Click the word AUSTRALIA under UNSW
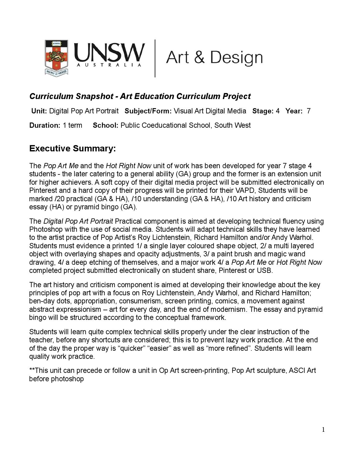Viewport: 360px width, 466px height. pyautogui.click(x=109, y=65)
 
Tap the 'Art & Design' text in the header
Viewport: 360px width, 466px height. pyautogui.click(x=214, y=58)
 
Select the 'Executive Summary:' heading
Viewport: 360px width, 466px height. pyautogui.click(x=72, y=149)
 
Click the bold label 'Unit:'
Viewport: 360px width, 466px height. pyautogui.click(x=39, y=111)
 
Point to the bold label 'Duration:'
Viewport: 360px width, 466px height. pyautogui.click(x=45, y=125)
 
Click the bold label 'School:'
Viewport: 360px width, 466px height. pyautogui.click(x=105, y=125)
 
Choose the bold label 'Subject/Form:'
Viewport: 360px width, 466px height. pyautogui.click(x=148, y=111)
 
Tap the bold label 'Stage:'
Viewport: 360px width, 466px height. pyautogui.click(x=263, y=111)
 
